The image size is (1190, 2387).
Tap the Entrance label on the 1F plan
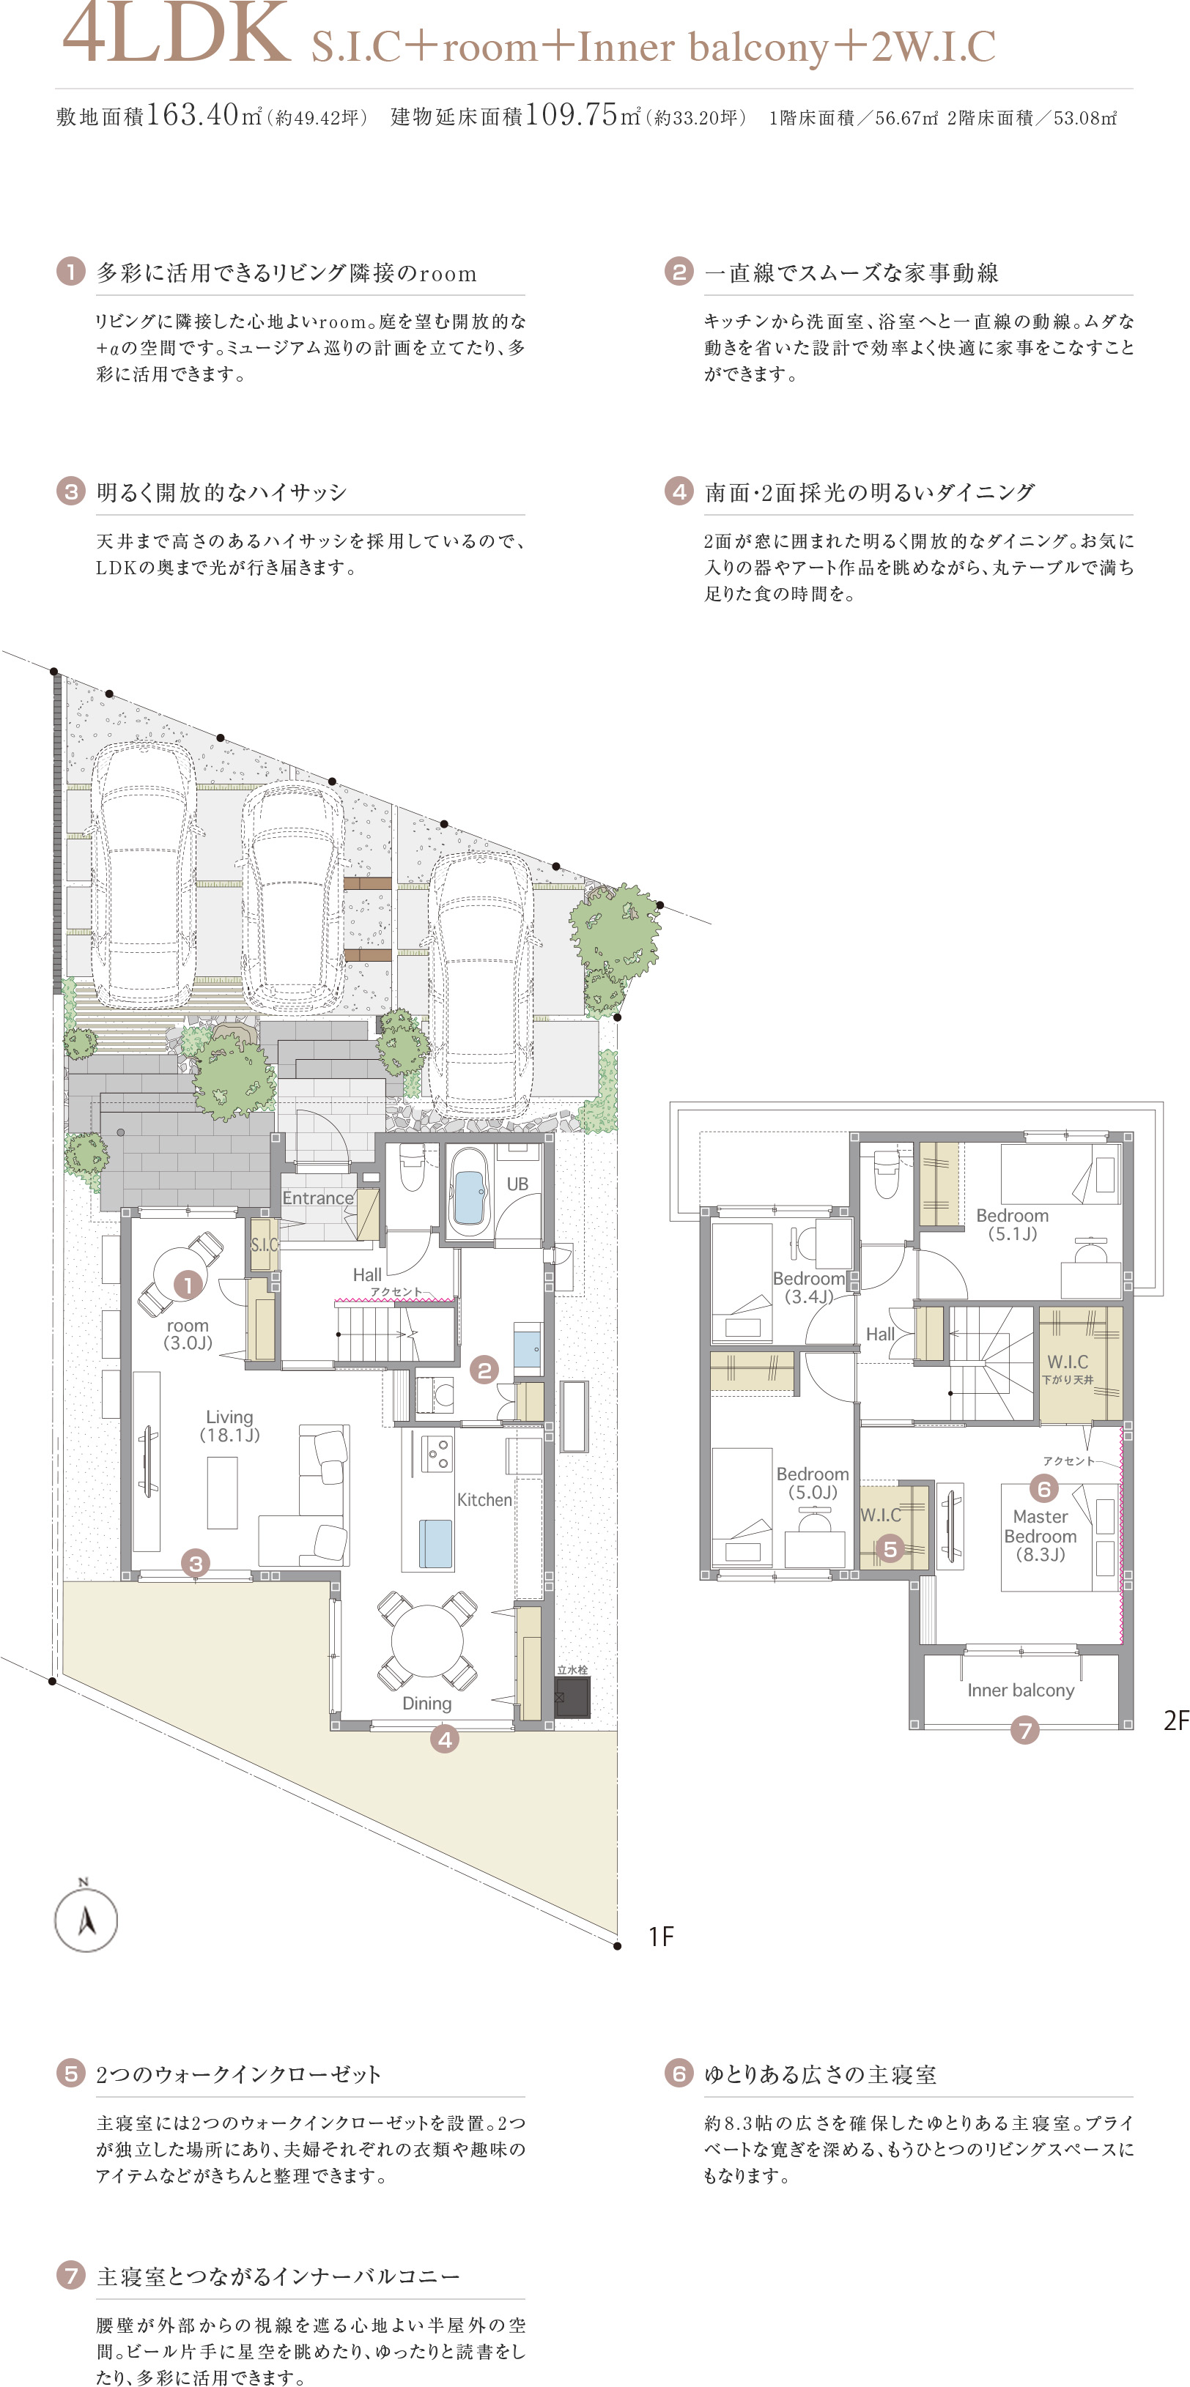tap(318, 1198)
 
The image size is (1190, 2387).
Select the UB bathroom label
tap(517, 1184)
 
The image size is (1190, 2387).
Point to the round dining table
tap(426, 1639)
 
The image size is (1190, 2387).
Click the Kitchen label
tap(484, 1499)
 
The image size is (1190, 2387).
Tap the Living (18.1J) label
tap(229, 1426)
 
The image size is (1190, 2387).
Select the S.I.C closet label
tap(264, 1244)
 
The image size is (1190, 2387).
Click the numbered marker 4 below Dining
tap(445, 1740)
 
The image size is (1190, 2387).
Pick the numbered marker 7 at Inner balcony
tap(1024, 1730)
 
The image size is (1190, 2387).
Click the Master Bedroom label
tap(1040, 1535)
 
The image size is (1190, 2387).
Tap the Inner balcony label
tap(1021, 1690)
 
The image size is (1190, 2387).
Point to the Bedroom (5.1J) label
tap(1012, 1224)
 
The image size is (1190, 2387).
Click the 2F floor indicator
tap(1176, 1720)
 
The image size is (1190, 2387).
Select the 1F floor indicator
tap(661, 1937)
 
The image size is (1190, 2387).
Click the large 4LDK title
tap(176, 34)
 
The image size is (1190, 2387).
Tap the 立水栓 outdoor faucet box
tap(572, 1696)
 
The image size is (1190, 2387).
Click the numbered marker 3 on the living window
tap(196, 1563)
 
